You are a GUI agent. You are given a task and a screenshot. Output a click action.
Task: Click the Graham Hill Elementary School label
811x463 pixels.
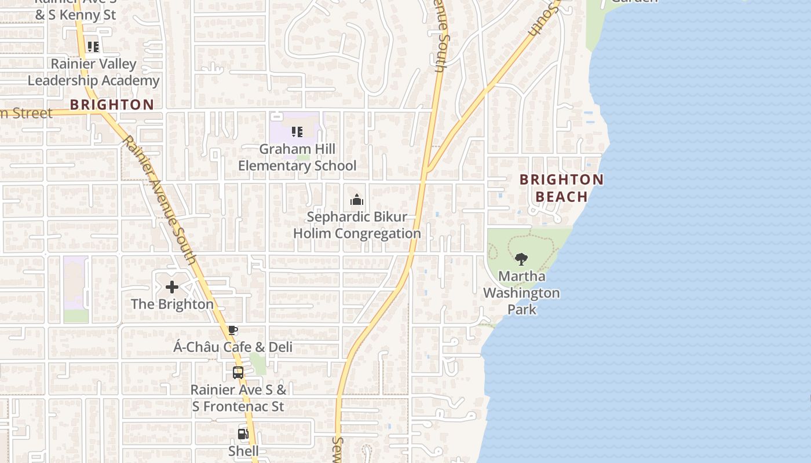[297, 157]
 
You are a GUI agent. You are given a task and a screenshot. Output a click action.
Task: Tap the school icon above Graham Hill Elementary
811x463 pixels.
[297, 132]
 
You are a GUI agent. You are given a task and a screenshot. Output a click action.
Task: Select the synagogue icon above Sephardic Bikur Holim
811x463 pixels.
[357, 200]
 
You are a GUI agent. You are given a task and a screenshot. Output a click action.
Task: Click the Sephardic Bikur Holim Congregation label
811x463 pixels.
[357, 225]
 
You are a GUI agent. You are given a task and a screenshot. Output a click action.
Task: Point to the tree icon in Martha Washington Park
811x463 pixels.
[521, 259]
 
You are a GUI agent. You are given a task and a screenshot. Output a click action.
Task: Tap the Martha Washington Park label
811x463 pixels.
[521, 293]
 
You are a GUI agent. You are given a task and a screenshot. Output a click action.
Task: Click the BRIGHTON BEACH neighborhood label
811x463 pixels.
[561, 188]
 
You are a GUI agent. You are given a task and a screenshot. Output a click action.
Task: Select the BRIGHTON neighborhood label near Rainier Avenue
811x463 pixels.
[112, 105]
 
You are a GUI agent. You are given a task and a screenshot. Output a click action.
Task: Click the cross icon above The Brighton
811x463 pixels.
[172, 286]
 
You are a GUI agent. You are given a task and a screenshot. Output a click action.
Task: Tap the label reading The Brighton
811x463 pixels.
[172, 304]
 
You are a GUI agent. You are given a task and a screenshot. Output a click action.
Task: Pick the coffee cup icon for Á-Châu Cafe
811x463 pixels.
[233, 330]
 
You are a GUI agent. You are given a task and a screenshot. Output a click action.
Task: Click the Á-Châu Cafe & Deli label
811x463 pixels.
[233, 347]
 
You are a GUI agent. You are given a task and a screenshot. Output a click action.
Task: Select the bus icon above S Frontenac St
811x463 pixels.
[238, 373]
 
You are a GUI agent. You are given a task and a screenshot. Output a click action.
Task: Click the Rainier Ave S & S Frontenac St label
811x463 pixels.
[238, 398]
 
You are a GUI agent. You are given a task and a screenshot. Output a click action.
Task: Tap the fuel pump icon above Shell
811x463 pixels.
[243, 433]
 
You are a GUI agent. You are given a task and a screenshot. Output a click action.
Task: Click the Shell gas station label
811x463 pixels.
[243, 451]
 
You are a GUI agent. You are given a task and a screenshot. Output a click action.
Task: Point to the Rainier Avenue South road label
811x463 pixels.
[160, 200]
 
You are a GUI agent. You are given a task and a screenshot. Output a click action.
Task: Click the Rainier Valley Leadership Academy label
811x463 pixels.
[93, 72]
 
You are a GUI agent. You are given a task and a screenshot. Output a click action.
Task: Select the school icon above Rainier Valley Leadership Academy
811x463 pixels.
[93, 47]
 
